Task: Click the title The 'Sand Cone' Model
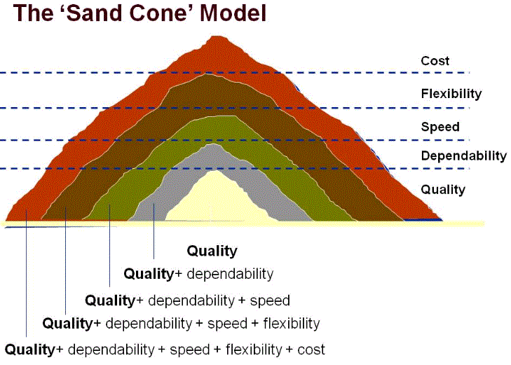pos(137,14)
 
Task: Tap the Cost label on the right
pos(435,62)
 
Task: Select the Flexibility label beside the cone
pos(451,93)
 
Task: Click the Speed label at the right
pos(440,127)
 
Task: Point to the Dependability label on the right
pos(463,156)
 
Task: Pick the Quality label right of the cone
pos(443,189)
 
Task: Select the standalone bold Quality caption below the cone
pos(212,252)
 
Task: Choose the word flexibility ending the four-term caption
pos(288,324)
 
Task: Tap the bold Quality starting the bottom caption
pos(30,349)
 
